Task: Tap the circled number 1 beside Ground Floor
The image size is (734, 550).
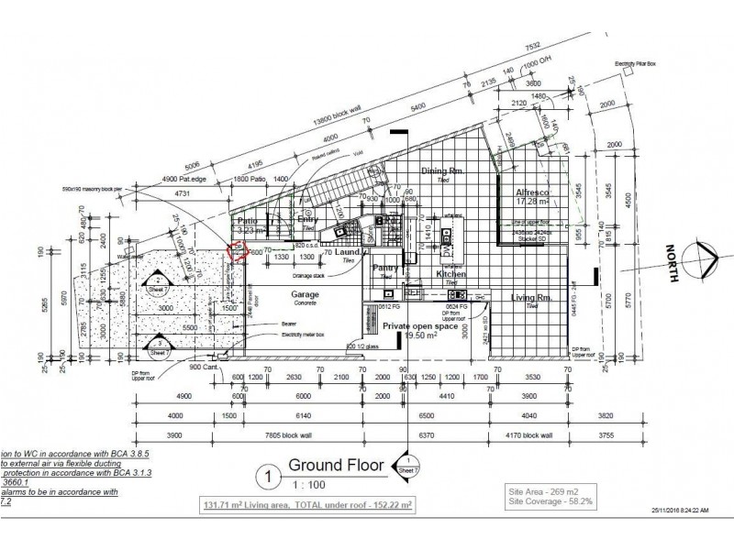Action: click(267, 476)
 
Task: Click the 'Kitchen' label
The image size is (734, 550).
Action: click(450, 273)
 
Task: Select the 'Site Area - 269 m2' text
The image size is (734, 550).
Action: click(540, 491)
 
